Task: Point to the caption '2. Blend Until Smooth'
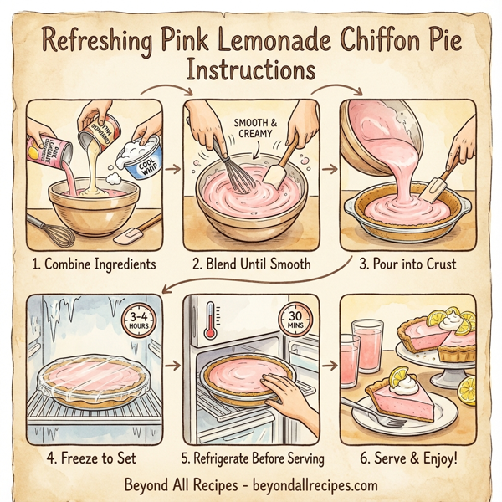click(250, 264)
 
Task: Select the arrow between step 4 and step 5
click(173, 366)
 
